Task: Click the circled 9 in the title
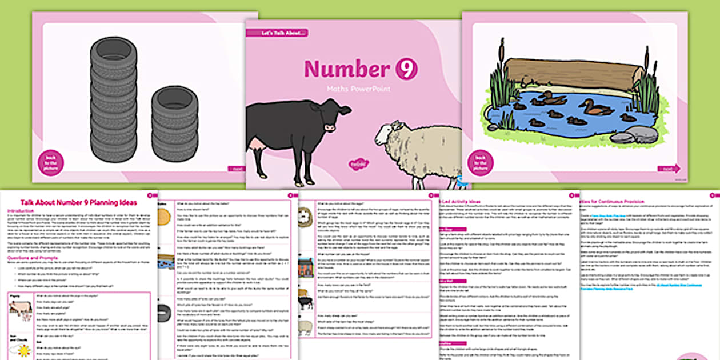tap(406, 69)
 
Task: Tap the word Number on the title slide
tap(347, 69)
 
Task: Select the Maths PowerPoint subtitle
tap(359, 89)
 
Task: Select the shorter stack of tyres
tap(174, 123)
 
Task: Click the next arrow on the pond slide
tap(669, 169)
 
